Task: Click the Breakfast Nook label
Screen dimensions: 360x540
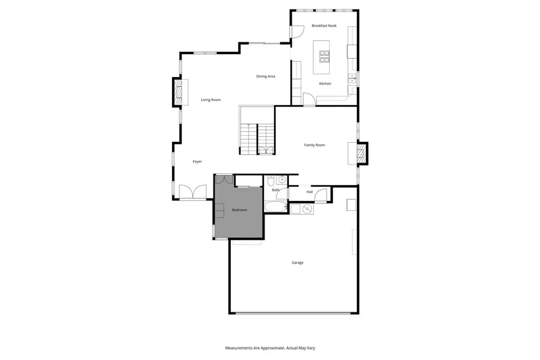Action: [x=324, y=25]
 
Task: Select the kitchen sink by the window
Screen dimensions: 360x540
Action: [x=352, y=80]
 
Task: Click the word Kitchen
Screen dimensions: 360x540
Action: [x=325, y=84]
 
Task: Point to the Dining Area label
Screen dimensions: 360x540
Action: [x=266, y=76]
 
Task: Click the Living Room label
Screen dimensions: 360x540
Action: [x=210, y=100]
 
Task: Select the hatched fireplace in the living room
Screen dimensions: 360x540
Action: [x=179, y=92]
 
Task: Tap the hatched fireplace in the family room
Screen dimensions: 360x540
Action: [x=361, y=153]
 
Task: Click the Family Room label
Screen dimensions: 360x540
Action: [x=314, y=145]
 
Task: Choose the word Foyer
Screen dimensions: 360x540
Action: [x=197, y=162]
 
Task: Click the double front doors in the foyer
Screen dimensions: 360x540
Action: [x=192, y=192]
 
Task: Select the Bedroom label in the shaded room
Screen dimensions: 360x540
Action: [x=239, y=210]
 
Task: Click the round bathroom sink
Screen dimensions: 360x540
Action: [x=281, y=179]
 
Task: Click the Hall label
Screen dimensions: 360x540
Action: [x=310, y=192]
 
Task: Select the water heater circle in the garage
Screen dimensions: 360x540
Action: [x=308, y=209]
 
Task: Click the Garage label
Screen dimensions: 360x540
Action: [x=297, y=262]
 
